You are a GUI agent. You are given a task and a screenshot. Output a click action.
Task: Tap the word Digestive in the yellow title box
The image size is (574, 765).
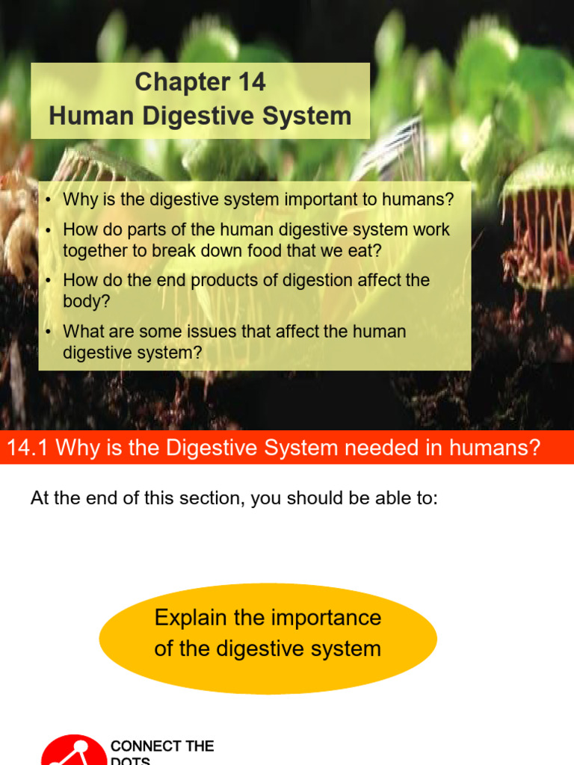[x=226, y=116]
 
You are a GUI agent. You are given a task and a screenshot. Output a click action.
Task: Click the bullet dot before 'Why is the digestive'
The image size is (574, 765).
[x=49, y=200]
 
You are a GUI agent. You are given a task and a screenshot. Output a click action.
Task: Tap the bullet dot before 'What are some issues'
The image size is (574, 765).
[x=49, y=332]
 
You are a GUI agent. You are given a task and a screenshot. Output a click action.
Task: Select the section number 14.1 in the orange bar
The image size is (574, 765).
[x=28, y=448]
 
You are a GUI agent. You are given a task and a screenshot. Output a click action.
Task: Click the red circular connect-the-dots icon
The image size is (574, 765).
[x=73, y=751]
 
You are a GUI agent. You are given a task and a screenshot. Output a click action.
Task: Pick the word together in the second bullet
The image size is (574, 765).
[x=96, y=250]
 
